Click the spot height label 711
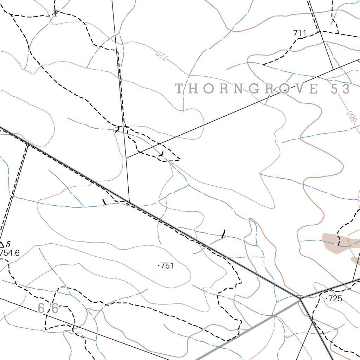click(x=300, y=33)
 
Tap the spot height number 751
click(x=167, y=266)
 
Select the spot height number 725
click(x=335, y=299)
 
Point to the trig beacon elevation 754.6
click(x=9, y=253)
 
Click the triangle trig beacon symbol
click(x=2, y=245)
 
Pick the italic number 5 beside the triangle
click(x=8, y=244)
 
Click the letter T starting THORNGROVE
click(x=179, y=89)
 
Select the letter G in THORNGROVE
click(x=253, y=89)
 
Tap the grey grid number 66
click(x=48, y=309)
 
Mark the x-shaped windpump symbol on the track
click(x=56, y=13)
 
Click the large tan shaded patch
click(x=334, y=242)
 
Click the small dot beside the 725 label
click(x=327, y=299)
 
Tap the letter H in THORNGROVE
click(x=195, y=89)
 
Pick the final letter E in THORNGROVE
click(x=314, y=89)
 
